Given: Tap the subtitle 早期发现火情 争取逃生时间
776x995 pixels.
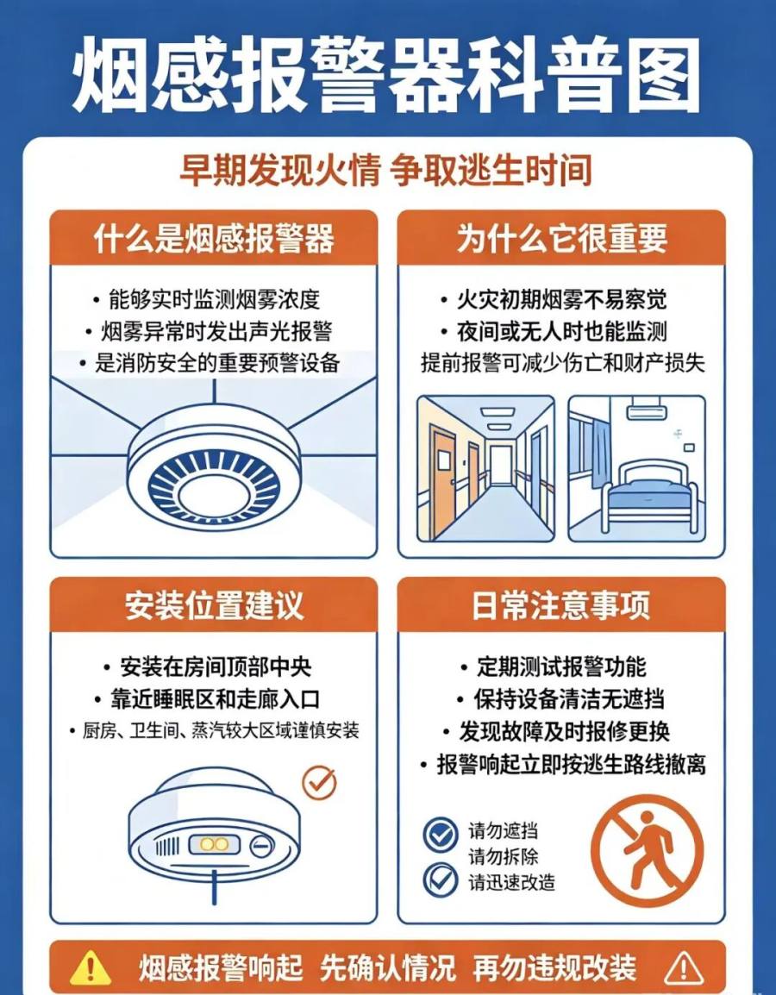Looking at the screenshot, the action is tap(385, 170).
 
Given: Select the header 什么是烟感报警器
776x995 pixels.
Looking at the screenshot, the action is tap(214, 239).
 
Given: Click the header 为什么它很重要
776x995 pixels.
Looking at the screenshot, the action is tap(561, 239).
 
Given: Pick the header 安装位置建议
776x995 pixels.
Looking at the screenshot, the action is tap(214, 605).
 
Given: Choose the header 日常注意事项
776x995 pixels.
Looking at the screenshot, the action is tap(561, 605).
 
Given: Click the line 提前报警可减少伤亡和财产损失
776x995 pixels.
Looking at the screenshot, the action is tap(563, 363).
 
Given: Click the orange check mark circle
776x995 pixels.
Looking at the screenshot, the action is tap(319, 782).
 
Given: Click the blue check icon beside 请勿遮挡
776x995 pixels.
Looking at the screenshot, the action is tap(441, 835).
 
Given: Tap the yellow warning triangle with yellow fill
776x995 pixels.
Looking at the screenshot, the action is tap(90, 968).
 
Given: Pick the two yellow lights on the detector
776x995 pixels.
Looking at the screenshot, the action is tap(214, 844).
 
